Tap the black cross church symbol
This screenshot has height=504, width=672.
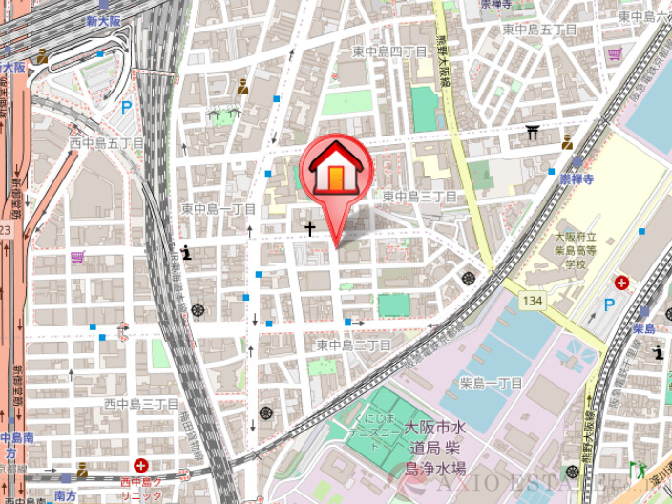coord(309,229)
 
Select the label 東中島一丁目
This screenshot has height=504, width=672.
coord(219,208)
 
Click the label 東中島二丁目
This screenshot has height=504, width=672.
coord(354,345)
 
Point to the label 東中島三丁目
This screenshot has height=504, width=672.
coord(420,196)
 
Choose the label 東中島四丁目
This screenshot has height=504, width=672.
coord(389,51)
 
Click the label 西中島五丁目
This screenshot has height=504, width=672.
coord(106,142)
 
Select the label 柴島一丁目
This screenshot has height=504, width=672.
coord(491,383)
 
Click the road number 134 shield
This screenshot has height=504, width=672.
coord(533,301)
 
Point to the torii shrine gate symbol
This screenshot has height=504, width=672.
coord(533,132)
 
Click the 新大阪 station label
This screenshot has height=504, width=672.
coord(103,19)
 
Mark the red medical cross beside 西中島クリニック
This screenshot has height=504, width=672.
coord(140,466)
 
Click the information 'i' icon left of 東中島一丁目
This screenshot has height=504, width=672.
coord(186,253)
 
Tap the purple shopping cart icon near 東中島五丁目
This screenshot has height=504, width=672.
coord(616,52)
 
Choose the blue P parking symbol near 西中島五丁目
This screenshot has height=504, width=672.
coord(127,108)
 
